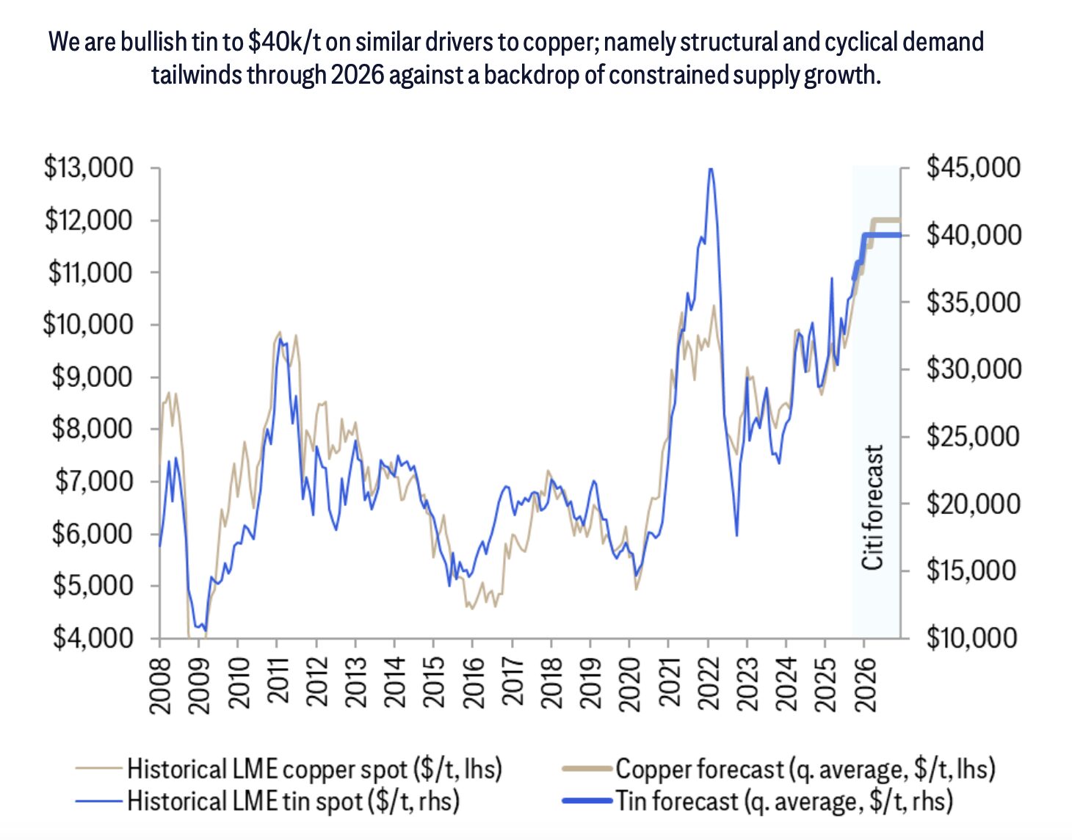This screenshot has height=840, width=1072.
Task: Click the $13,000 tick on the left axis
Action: (x=90, y=168)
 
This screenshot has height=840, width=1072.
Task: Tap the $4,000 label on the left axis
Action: (x=93, y=637)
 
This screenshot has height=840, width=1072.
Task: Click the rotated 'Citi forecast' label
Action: (x=872, y=507)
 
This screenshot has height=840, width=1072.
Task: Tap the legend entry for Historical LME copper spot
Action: (x=314, y=769)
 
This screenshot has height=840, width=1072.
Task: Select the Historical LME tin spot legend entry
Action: (x=293, y=800)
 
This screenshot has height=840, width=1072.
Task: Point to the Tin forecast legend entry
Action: (x=783, y=800)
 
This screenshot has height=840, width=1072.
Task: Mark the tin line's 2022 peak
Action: (x=709, y=170)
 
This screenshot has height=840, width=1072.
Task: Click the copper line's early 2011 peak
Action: (x=279, y=332)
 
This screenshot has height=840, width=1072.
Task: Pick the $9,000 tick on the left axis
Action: (x=93, y=377)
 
